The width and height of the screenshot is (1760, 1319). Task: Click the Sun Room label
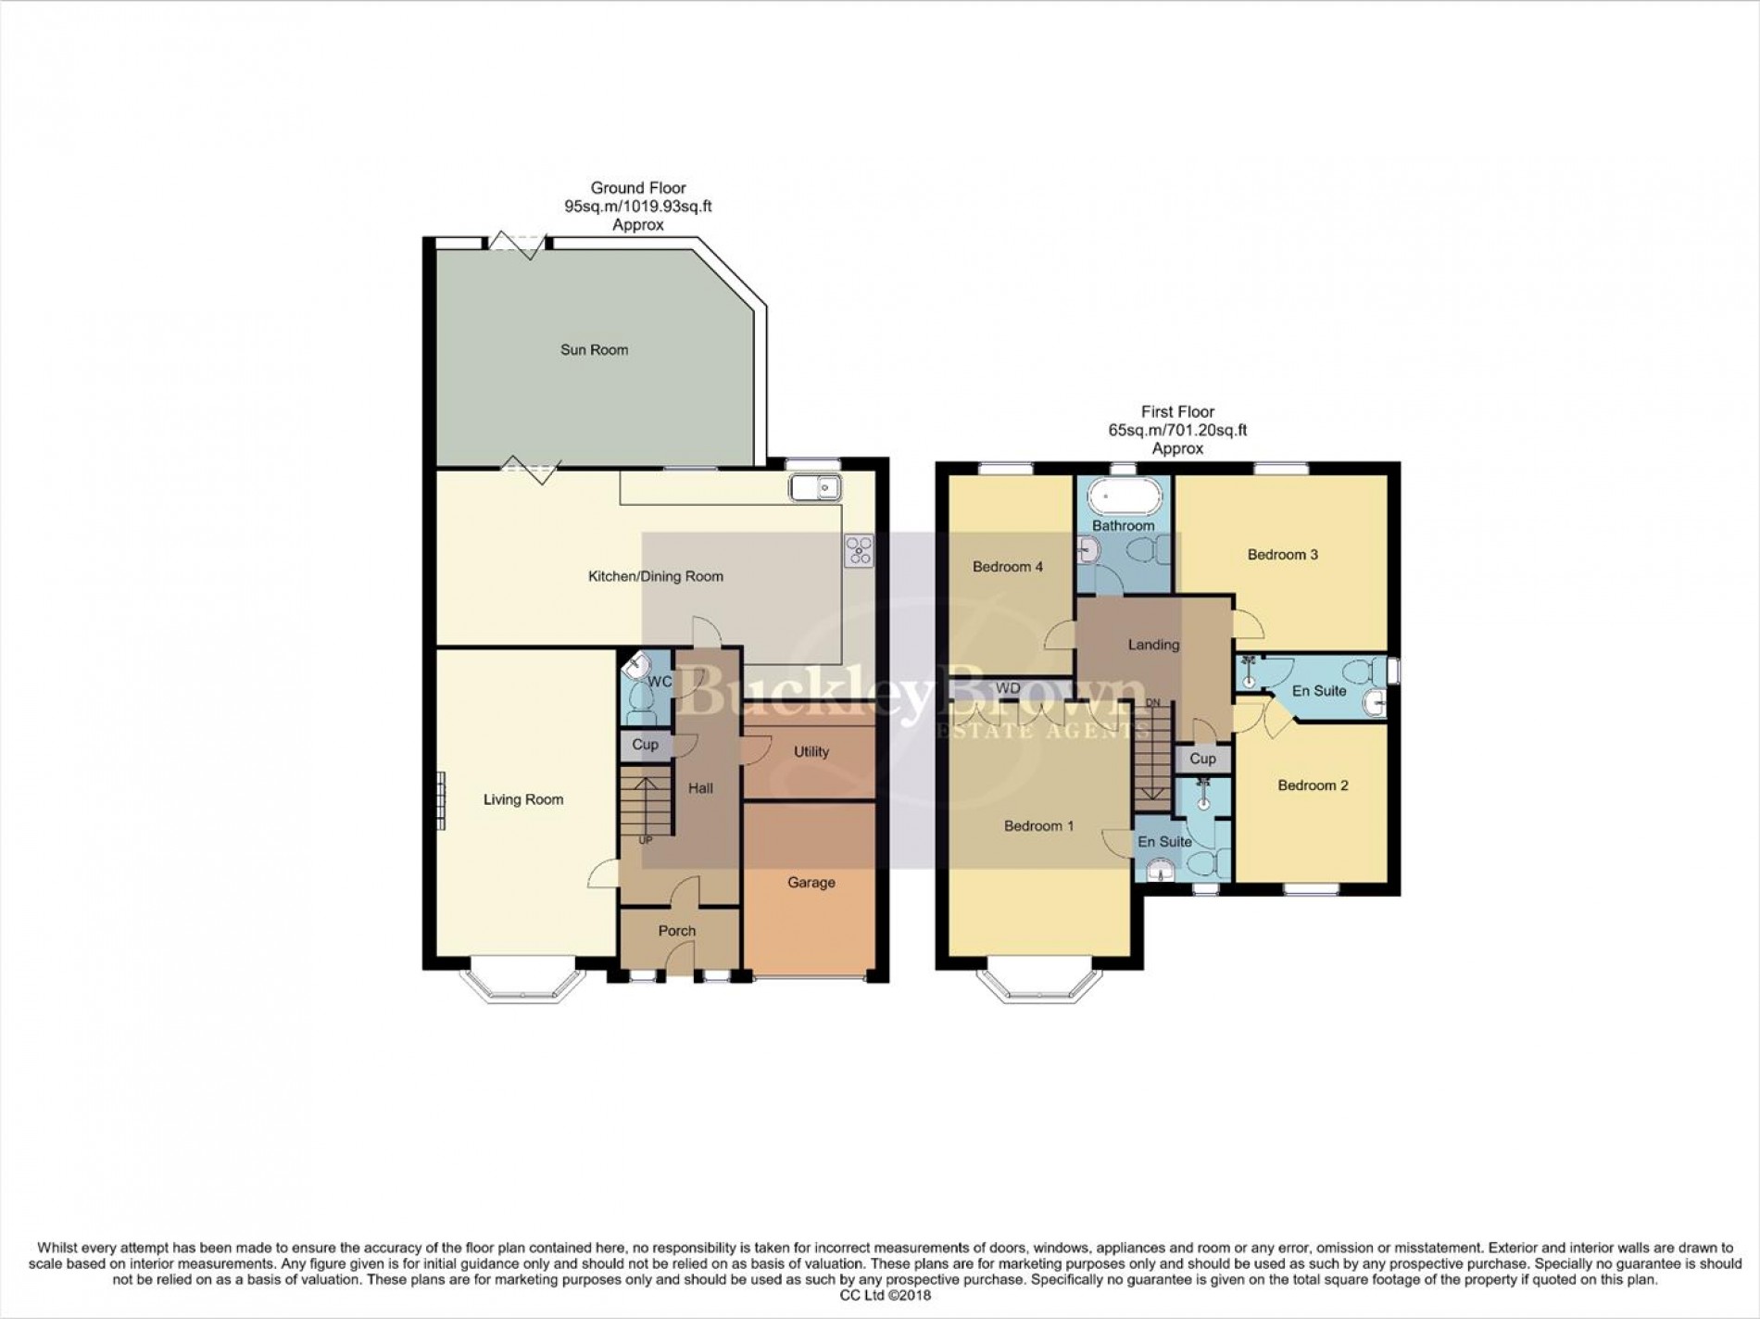pyautogui.click(x=594, y=350)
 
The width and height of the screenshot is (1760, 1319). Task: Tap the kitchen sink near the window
pyautogui.click(x=814, y=487)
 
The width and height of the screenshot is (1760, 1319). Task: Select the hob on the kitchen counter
pyautogui.click(x=858, y=551)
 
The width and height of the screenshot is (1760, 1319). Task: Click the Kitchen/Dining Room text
pyautogui.click(x=655, y=576)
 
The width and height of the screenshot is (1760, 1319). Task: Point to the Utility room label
pyautogui.click(x=811, y=752)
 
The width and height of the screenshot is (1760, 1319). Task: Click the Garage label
pyautogui.click(x=811, y=883)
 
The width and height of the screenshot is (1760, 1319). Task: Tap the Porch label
pyautogui.click(x=677, y=931)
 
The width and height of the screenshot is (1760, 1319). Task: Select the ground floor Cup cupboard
pyautogui.click(x=645, y=745)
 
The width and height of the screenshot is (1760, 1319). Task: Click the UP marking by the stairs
pyautogui.click(x=646, y=840)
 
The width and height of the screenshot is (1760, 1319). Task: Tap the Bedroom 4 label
pyautogui.click(x=1007, y=567)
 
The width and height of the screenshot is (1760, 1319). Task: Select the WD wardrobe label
pyautogui.click(x=1008, y=688)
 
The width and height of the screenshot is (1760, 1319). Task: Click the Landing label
pyautogui.click(x=1153, y=645)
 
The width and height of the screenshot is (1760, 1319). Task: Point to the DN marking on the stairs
pyautogui.click(x=1152, y=703)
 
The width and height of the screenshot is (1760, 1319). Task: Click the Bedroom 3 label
pyautogui.click(x=1282, y=555)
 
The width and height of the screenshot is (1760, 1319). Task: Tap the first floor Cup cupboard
pyautogui.click(x=1202, y=759)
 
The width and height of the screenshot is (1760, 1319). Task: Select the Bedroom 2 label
pyautogui.click(x=1312, y=785)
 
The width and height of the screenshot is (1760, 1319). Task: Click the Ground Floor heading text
pyautogui.click(x=638, y=188)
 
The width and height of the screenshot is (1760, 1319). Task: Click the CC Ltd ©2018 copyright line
pyautogui.click(x=879, y=1295)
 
